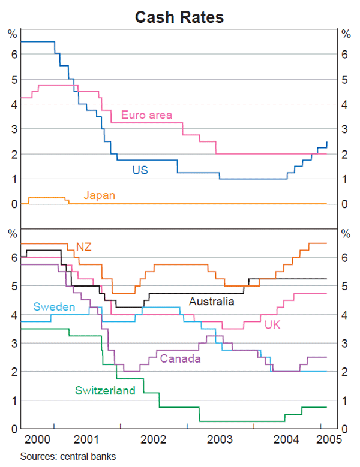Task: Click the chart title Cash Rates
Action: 179,17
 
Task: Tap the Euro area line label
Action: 146,115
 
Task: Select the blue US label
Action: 140,170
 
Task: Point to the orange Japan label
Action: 99,195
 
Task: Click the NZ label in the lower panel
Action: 83,247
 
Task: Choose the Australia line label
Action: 211,302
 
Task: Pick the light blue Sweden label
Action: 54,307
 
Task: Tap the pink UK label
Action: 272,324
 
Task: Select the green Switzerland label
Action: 105,390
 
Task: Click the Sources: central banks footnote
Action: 68,456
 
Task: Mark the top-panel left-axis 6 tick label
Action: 12,54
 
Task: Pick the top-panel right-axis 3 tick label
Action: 345,129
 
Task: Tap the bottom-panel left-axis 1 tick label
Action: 12,400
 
